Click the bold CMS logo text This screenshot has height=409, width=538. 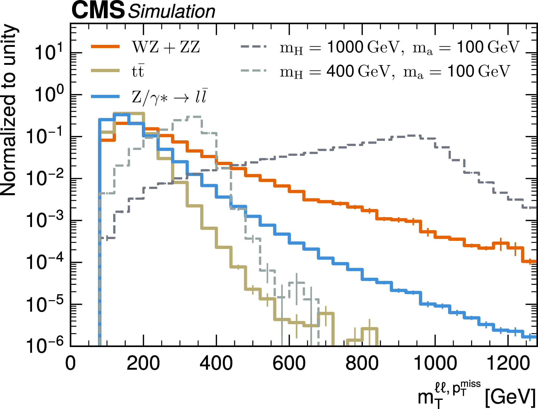(98, 10)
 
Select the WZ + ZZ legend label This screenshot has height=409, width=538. (166, 47)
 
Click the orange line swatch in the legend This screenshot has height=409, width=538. (105, 47)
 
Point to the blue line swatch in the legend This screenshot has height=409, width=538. (105, 96)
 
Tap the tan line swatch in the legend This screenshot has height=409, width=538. (105, 71)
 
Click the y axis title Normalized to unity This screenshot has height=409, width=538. (9, 109)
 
